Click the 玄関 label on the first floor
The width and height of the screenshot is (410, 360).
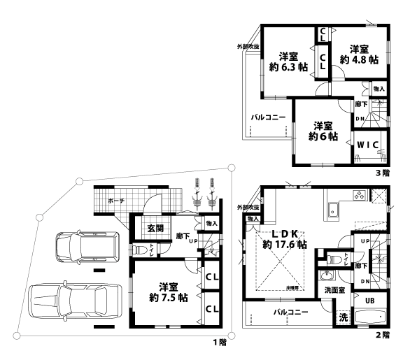click(x=155, y=229)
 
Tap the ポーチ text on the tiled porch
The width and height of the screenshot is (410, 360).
click(x=116, y=201)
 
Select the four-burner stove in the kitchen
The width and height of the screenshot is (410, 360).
click(x=359, y=196)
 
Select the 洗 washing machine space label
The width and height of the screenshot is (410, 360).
click(x=344, y=316)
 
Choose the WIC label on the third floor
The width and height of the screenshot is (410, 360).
click(x=367, y=144)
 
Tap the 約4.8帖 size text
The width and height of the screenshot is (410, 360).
click(x=359, y=60)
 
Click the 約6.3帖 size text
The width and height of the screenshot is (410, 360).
click(x=288, y=68)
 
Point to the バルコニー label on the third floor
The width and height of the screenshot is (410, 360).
click(x=268, y=117)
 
